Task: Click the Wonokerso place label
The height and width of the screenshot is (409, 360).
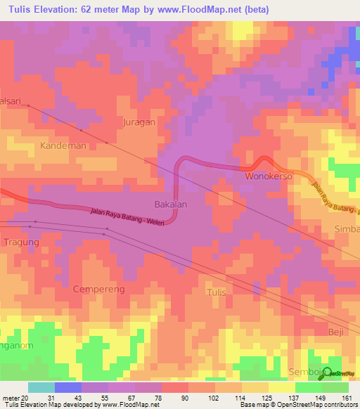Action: (268, 176)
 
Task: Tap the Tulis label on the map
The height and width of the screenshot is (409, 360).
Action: (217, 291)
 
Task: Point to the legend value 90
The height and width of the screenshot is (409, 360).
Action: (184, 397)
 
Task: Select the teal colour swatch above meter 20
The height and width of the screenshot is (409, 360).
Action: (41, 387)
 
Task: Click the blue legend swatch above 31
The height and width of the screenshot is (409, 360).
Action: (68, 387)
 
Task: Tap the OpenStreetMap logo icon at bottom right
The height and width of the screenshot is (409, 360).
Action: (328, 374)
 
